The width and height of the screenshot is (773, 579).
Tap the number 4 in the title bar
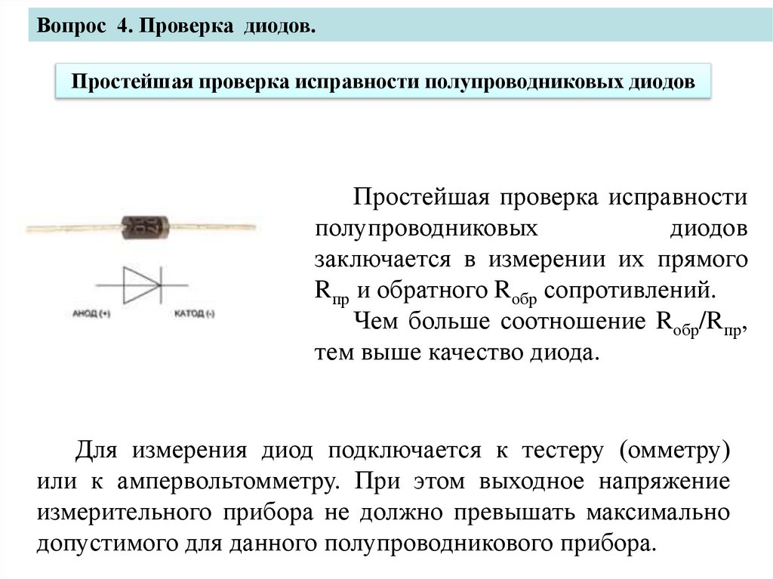pyautogui.click(x=123, y=26)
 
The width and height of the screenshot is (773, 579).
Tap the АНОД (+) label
pyautogui.click(x=91, y=313)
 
